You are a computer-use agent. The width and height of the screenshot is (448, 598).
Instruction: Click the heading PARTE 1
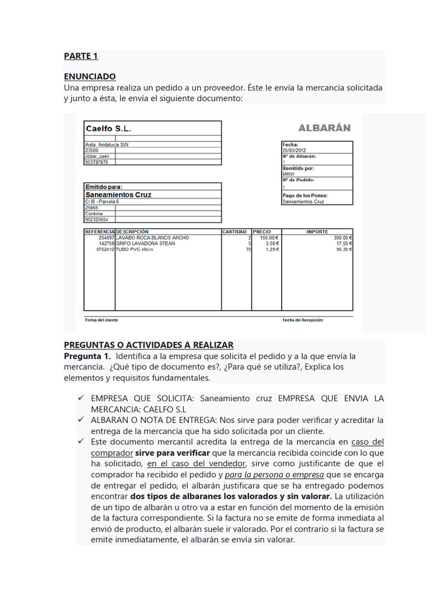tap(81, 56)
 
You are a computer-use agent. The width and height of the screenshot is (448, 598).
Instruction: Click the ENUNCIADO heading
tap(90, 77)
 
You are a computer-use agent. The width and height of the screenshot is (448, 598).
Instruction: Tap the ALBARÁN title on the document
tap(324, 128)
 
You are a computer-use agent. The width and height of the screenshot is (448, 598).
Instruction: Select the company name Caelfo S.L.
tap(108, 128)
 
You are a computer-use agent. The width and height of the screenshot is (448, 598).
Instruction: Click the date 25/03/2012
tap(295, 150)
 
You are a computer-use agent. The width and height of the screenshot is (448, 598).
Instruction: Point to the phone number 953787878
tap(97, 162)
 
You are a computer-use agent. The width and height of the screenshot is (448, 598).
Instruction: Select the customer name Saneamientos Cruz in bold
tap(118, 194)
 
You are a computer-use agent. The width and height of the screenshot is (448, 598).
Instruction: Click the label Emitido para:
tap(104, 187)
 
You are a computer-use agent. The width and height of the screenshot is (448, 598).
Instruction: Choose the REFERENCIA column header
tap(100, 232)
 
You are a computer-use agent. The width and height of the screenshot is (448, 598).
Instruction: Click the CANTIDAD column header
tap(235, 232)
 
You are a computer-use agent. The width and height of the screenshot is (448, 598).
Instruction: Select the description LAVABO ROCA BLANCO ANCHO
tap(153, 238)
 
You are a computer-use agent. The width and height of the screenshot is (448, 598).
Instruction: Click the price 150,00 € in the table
tap(270, 238)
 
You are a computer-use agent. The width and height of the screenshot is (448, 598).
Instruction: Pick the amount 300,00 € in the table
tap(342, 238)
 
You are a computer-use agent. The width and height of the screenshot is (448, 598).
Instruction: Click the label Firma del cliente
tap(101, 320)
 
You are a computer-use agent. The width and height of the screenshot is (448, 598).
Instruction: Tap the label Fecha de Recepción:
tap(303, 320)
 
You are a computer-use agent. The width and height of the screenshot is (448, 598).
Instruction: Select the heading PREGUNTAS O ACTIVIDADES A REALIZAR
tap(149, 345)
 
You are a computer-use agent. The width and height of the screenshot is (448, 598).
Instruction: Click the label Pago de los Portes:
tap(305, 196)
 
